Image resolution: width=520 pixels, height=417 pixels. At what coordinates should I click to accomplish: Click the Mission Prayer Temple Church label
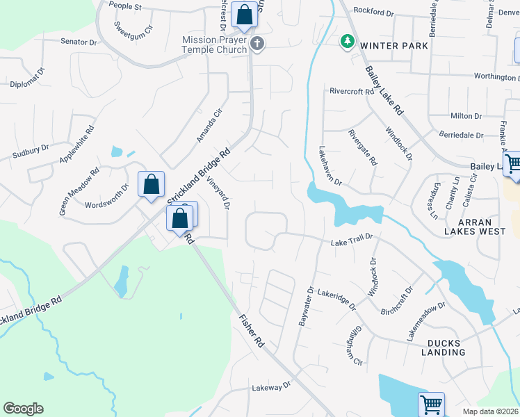(x=214, y=44)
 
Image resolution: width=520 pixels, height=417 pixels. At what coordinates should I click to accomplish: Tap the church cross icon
(x=257, y=44)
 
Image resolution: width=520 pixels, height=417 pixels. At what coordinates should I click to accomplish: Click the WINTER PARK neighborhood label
(x=390, y=46)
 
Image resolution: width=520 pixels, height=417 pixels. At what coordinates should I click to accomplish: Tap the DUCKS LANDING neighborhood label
(x=446, y=347)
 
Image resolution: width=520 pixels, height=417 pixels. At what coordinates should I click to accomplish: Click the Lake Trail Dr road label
(x=352, y=240)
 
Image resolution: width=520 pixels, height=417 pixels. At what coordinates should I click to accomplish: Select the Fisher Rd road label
(x=252, y=332)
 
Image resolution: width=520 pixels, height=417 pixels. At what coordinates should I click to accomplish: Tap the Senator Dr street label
(x=79, y=42)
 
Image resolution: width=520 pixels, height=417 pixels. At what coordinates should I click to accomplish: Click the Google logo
(x=23, y=409)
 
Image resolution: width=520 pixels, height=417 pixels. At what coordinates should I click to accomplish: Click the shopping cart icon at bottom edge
(x=431, y=404)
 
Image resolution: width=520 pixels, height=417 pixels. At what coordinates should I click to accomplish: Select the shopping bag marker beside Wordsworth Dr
(x=151, y=185)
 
